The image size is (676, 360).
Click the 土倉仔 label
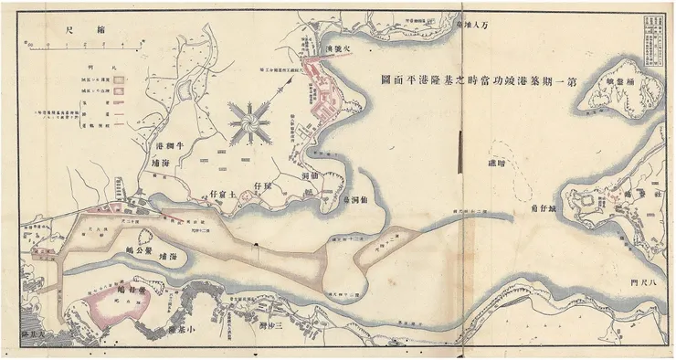226,195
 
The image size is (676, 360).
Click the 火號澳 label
324,47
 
